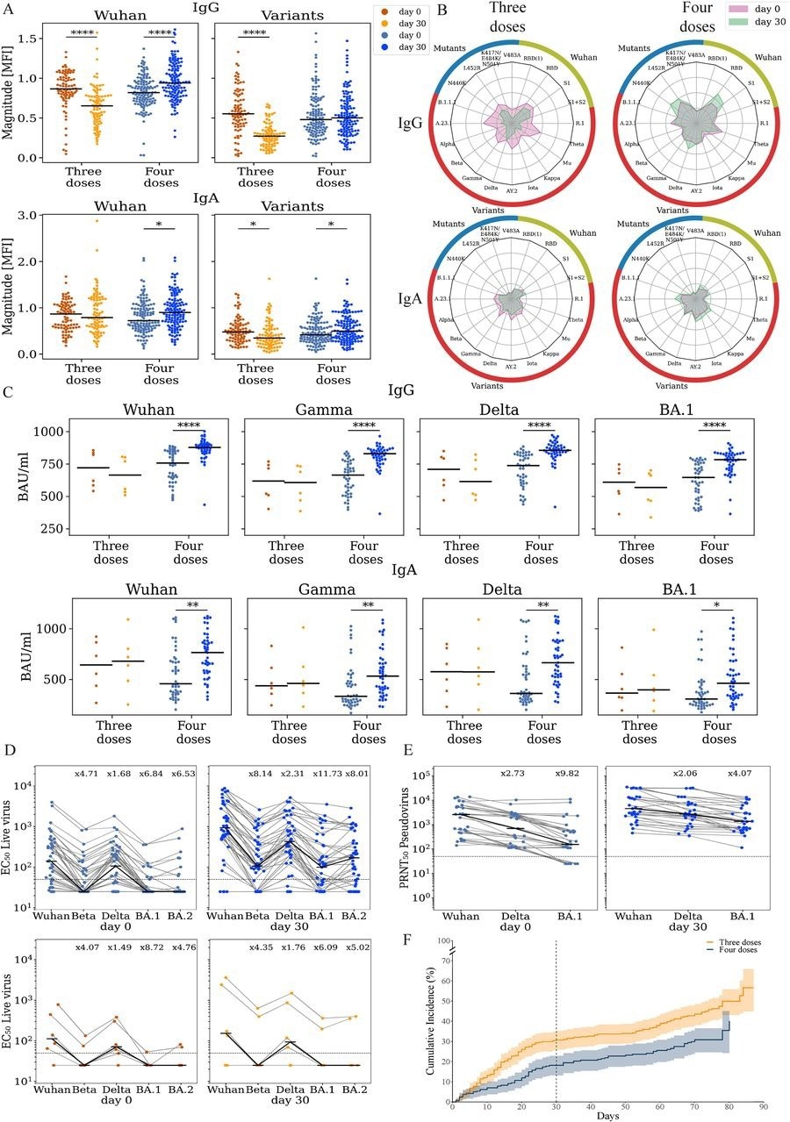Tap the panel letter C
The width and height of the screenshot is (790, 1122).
8,391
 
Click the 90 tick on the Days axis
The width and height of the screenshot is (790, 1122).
763,1107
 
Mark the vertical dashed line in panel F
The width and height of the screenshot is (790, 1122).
556,1009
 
